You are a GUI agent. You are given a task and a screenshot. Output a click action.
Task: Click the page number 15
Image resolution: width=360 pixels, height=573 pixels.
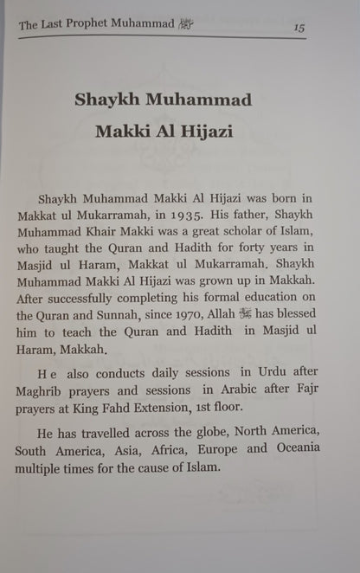[299, 28]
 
